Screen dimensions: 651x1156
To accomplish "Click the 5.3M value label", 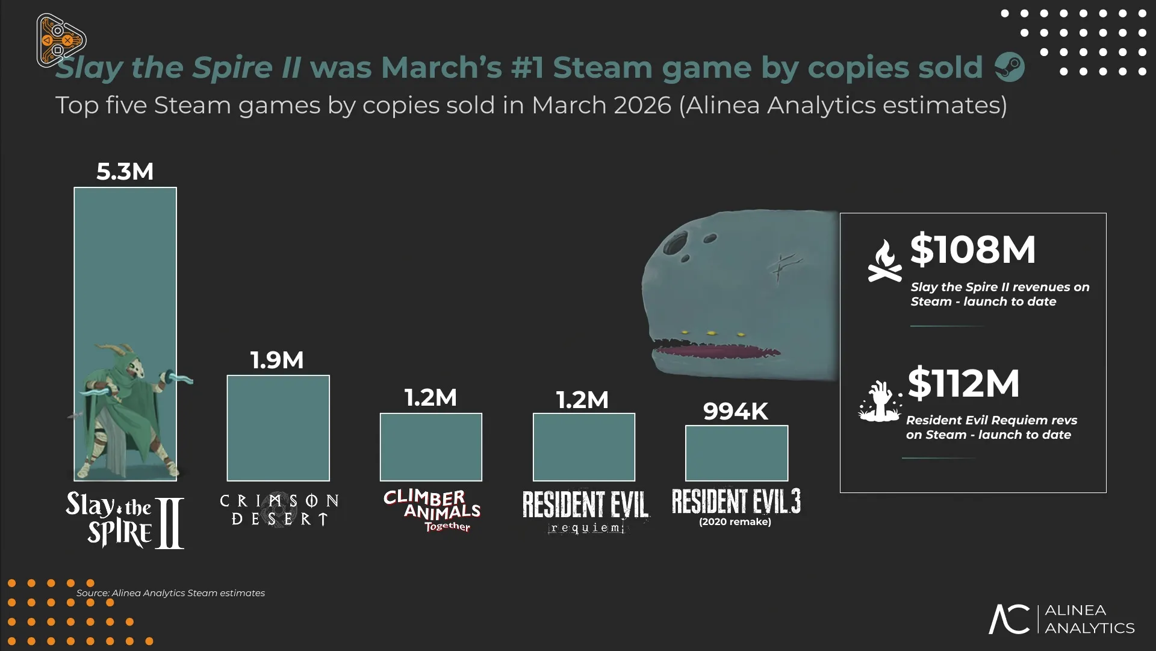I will coord(125,172).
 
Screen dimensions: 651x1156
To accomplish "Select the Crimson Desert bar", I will coord(278,428).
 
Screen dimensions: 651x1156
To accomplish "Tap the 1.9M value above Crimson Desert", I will coord(277,360).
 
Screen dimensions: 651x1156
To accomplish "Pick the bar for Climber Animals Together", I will coord(431,447).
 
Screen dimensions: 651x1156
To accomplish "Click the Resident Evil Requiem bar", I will coord(584,447).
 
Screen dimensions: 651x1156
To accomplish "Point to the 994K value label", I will coord(736,412).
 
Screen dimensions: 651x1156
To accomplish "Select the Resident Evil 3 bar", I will coord(736,453).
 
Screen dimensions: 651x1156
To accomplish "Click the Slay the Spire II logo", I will coord(125,520).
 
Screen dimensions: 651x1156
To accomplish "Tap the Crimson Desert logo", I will coord(279,510).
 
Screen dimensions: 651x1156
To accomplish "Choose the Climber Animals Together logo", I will coord(432,511).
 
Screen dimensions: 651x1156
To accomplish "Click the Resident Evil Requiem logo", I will coord(585,511).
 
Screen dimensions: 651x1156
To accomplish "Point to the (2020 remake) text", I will coord(735,522).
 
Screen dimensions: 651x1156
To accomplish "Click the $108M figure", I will coord(972,250).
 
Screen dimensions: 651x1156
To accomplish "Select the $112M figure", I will coord(963,383).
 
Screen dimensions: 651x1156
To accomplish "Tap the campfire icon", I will coord(884,261).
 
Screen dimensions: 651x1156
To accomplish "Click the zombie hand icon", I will coord(880,401).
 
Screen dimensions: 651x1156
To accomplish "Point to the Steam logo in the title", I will coord(1010,67).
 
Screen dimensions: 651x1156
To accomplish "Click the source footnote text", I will coord(170,593).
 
